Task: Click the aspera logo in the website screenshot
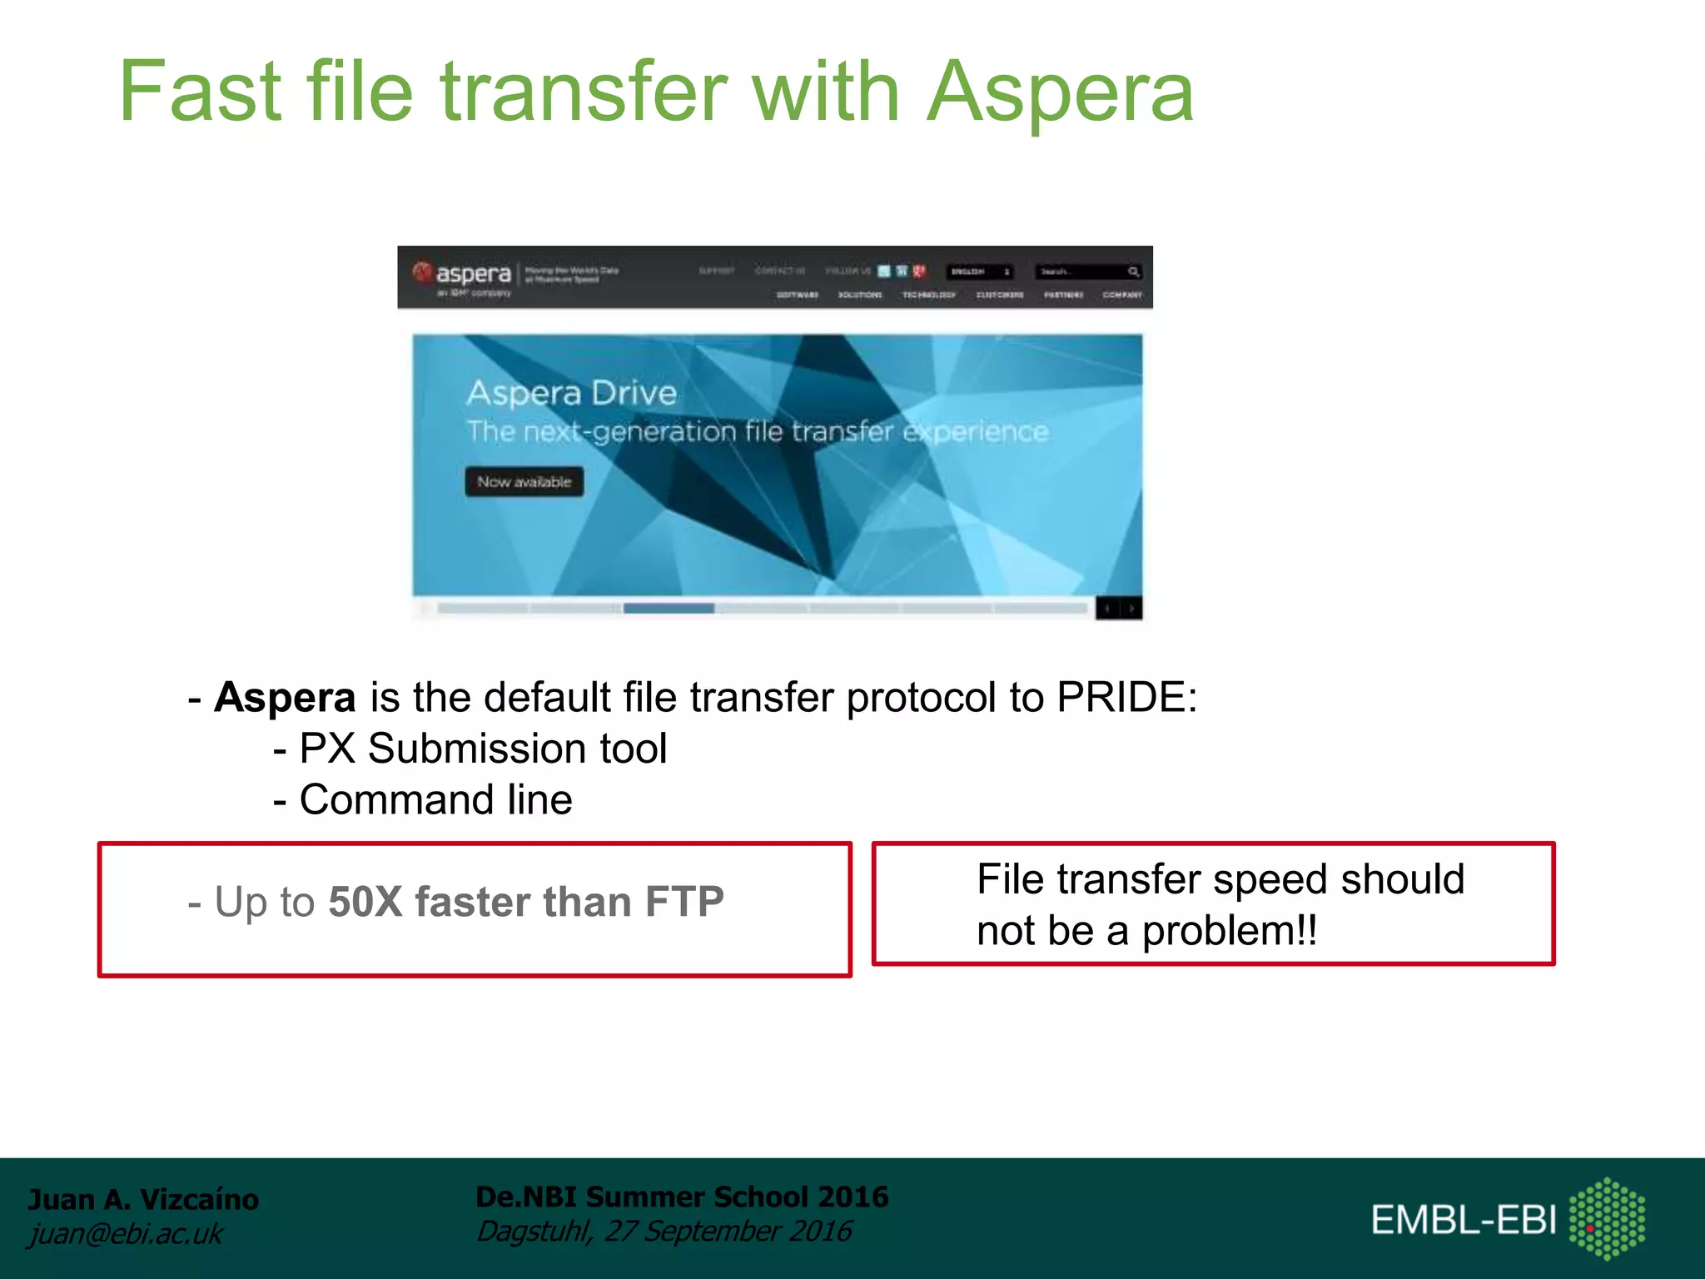[x=462, y=274]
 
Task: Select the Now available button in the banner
[x=524, y=481]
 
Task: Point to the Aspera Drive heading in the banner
[x=571, y=392]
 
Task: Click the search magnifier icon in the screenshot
[x=1133, y=271]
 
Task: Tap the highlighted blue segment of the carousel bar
[x=669, y=609]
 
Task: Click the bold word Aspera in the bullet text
[x=285, y=697]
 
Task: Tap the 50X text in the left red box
[x=365, y=902]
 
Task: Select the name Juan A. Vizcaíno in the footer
[x=143, y=1199]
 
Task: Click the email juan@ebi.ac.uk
[x=125, y=1233]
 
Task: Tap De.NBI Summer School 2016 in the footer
[x=681, y=1197]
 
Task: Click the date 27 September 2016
[x=728, y=1231]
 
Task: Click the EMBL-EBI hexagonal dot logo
[x=1607, y=1218]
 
